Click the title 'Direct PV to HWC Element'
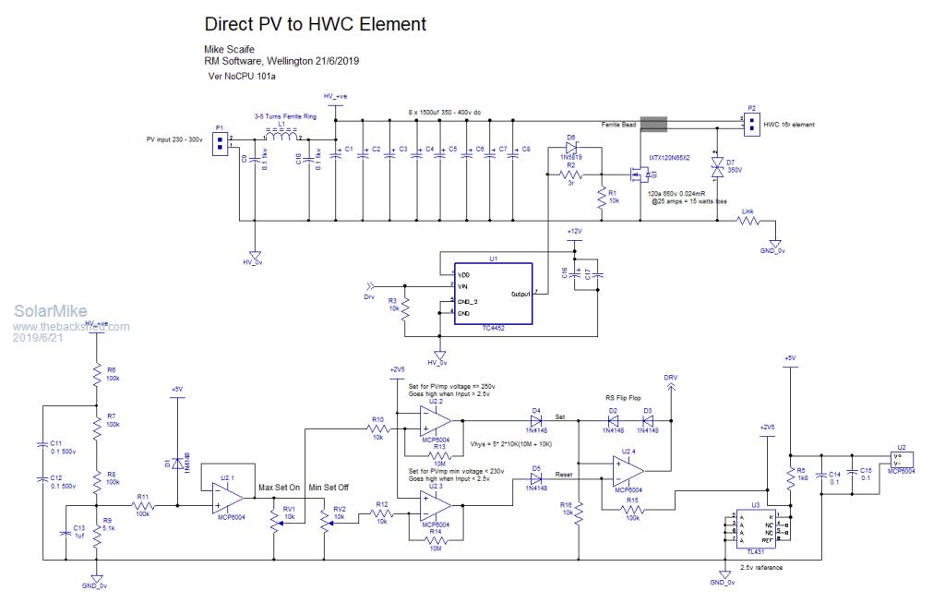click(315, 24)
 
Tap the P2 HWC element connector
click(751, 123)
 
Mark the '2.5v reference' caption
click(762, 567)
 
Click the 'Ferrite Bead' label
click(619, 123)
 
